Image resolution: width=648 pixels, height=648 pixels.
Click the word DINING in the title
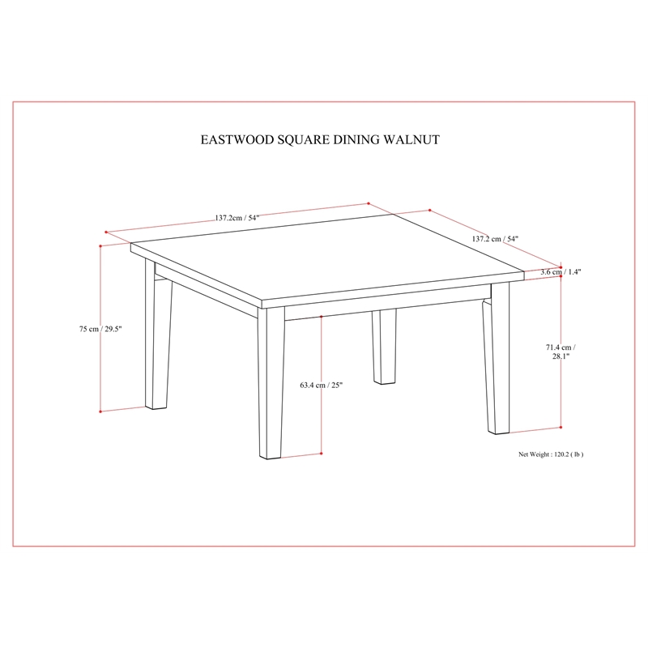coord(354,139)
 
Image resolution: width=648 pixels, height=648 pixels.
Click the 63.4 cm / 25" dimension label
coord(321,385)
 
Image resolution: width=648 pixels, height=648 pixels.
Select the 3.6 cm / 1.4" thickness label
coord(561,273)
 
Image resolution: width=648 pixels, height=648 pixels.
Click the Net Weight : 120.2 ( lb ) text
coord(551,454)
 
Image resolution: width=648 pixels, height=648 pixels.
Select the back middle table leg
coord(383,336)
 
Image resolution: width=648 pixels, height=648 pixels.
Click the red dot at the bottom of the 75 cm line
coord(100,411)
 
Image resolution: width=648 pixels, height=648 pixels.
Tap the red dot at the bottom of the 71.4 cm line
coord(561,427)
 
